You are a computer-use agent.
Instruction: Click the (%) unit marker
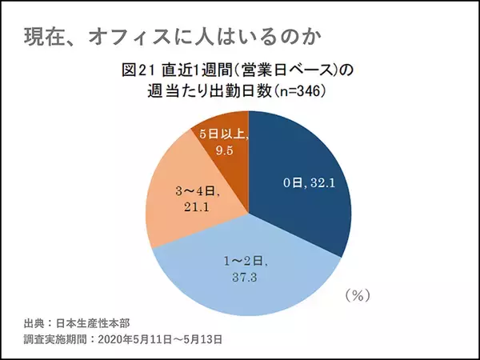coord(356,295)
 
